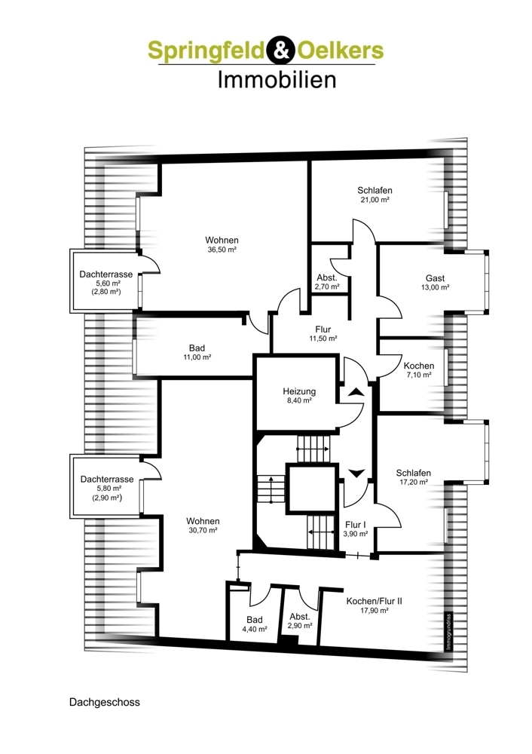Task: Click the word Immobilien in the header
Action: pos(277,79)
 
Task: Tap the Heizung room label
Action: pos(299,391)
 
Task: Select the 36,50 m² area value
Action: pos(222,250)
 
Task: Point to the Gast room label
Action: pos(435,278)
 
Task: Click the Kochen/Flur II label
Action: pos(374,601)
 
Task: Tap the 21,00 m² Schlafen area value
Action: pos(375,200)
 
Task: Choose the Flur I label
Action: pos(356,525)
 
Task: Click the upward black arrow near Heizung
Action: pos(356,391)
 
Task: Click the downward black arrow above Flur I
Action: pos(356,474)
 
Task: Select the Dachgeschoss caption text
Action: pos(104,702)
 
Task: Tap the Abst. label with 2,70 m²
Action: pos(327,278)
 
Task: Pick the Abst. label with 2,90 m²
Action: pos(299,617)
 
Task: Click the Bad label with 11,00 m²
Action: pos(197,348)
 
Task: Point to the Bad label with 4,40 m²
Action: pos(255,620)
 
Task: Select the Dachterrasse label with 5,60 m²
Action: pos(105,274)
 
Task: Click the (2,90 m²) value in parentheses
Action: pos(107,498)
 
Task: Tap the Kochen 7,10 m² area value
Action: pos(418,375)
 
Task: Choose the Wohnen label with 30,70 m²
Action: pos(203,521)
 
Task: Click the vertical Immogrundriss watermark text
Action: pos(448,632)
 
